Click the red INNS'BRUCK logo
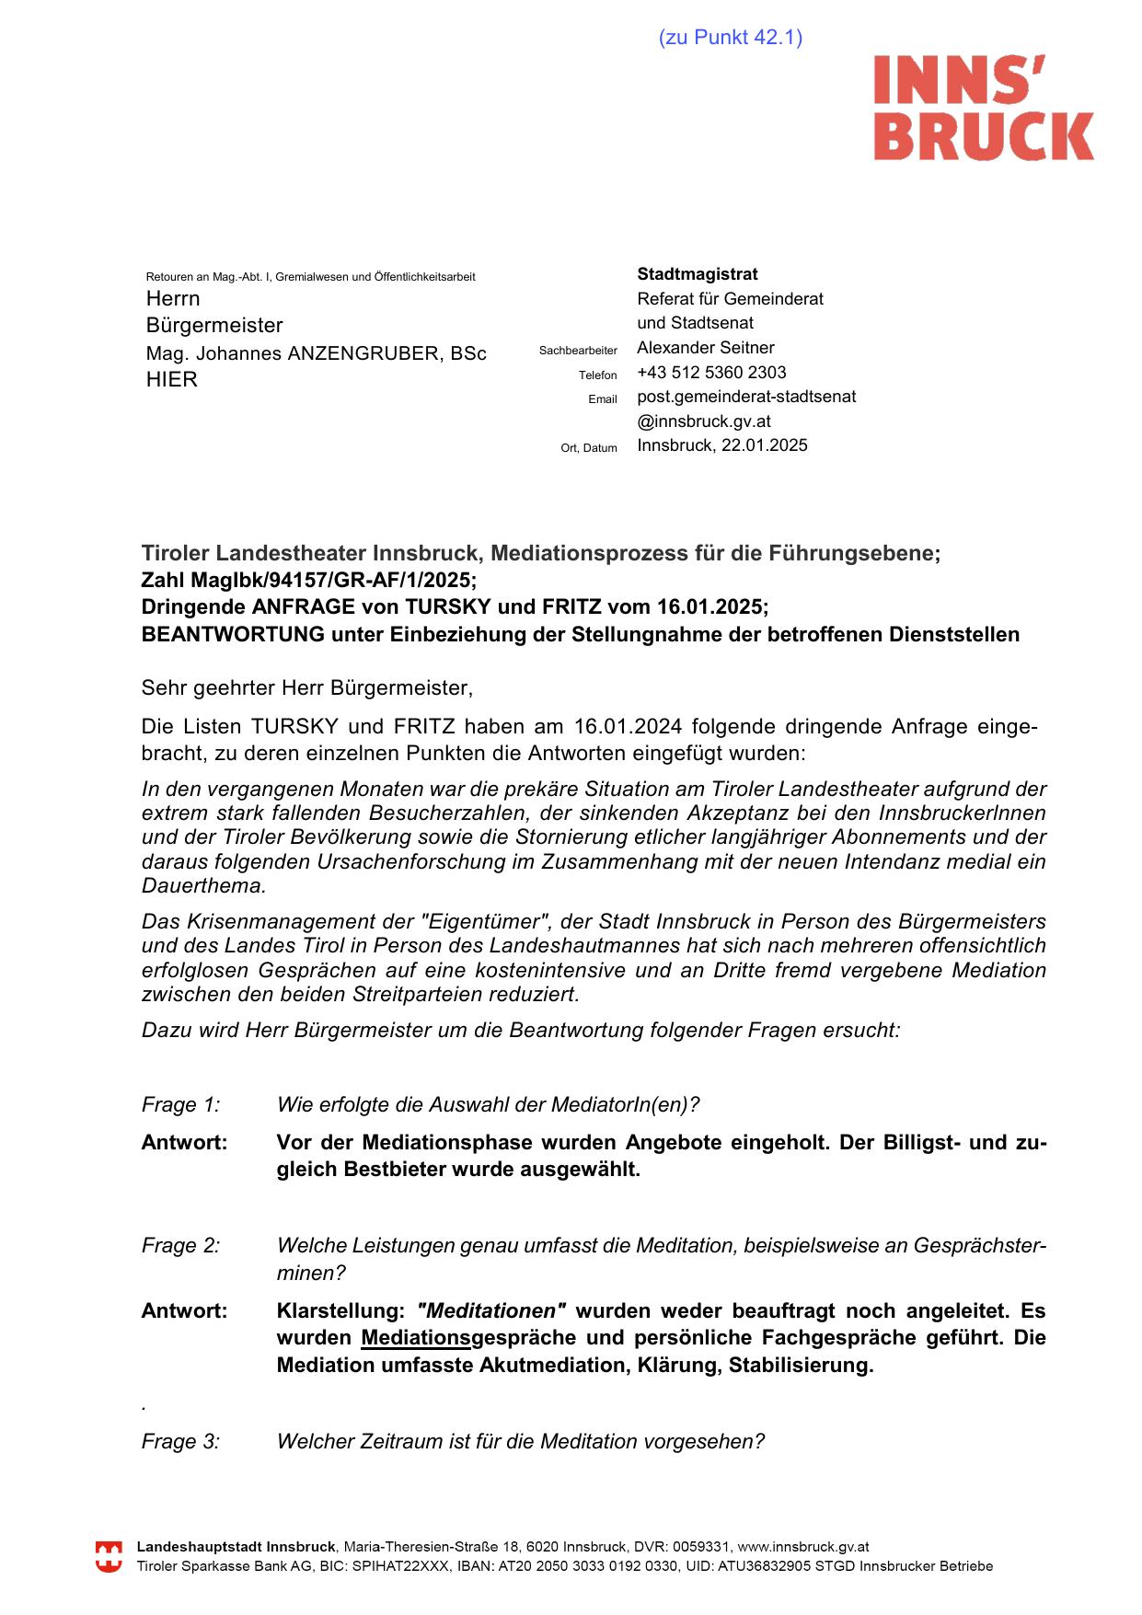(983, 108)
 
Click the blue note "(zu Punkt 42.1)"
(730, 38)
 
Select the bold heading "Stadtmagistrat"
(697, 274)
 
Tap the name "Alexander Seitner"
(705, 348)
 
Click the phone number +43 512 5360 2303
(711, 373)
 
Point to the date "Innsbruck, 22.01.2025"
(721, 445)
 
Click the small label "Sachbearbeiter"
(578, 351)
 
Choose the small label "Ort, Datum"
(589, 448)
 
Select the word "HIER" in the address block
(171, 380)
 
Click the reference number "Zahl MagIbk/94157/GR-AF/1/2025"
(308, 581)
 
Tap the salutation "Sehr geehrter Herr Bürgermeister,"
(306, 687)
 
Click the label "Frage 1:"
(180, 1105)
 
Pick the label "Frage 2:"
(180, 1246)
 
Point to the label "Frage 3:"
(180, 1442)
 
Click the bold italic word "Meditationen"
(491, 1311)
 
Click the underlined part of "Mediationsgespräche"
(415, 1338)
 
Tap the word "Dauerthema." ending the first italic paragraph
(203, 886)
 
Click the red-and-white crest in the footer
(109, 1557)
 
